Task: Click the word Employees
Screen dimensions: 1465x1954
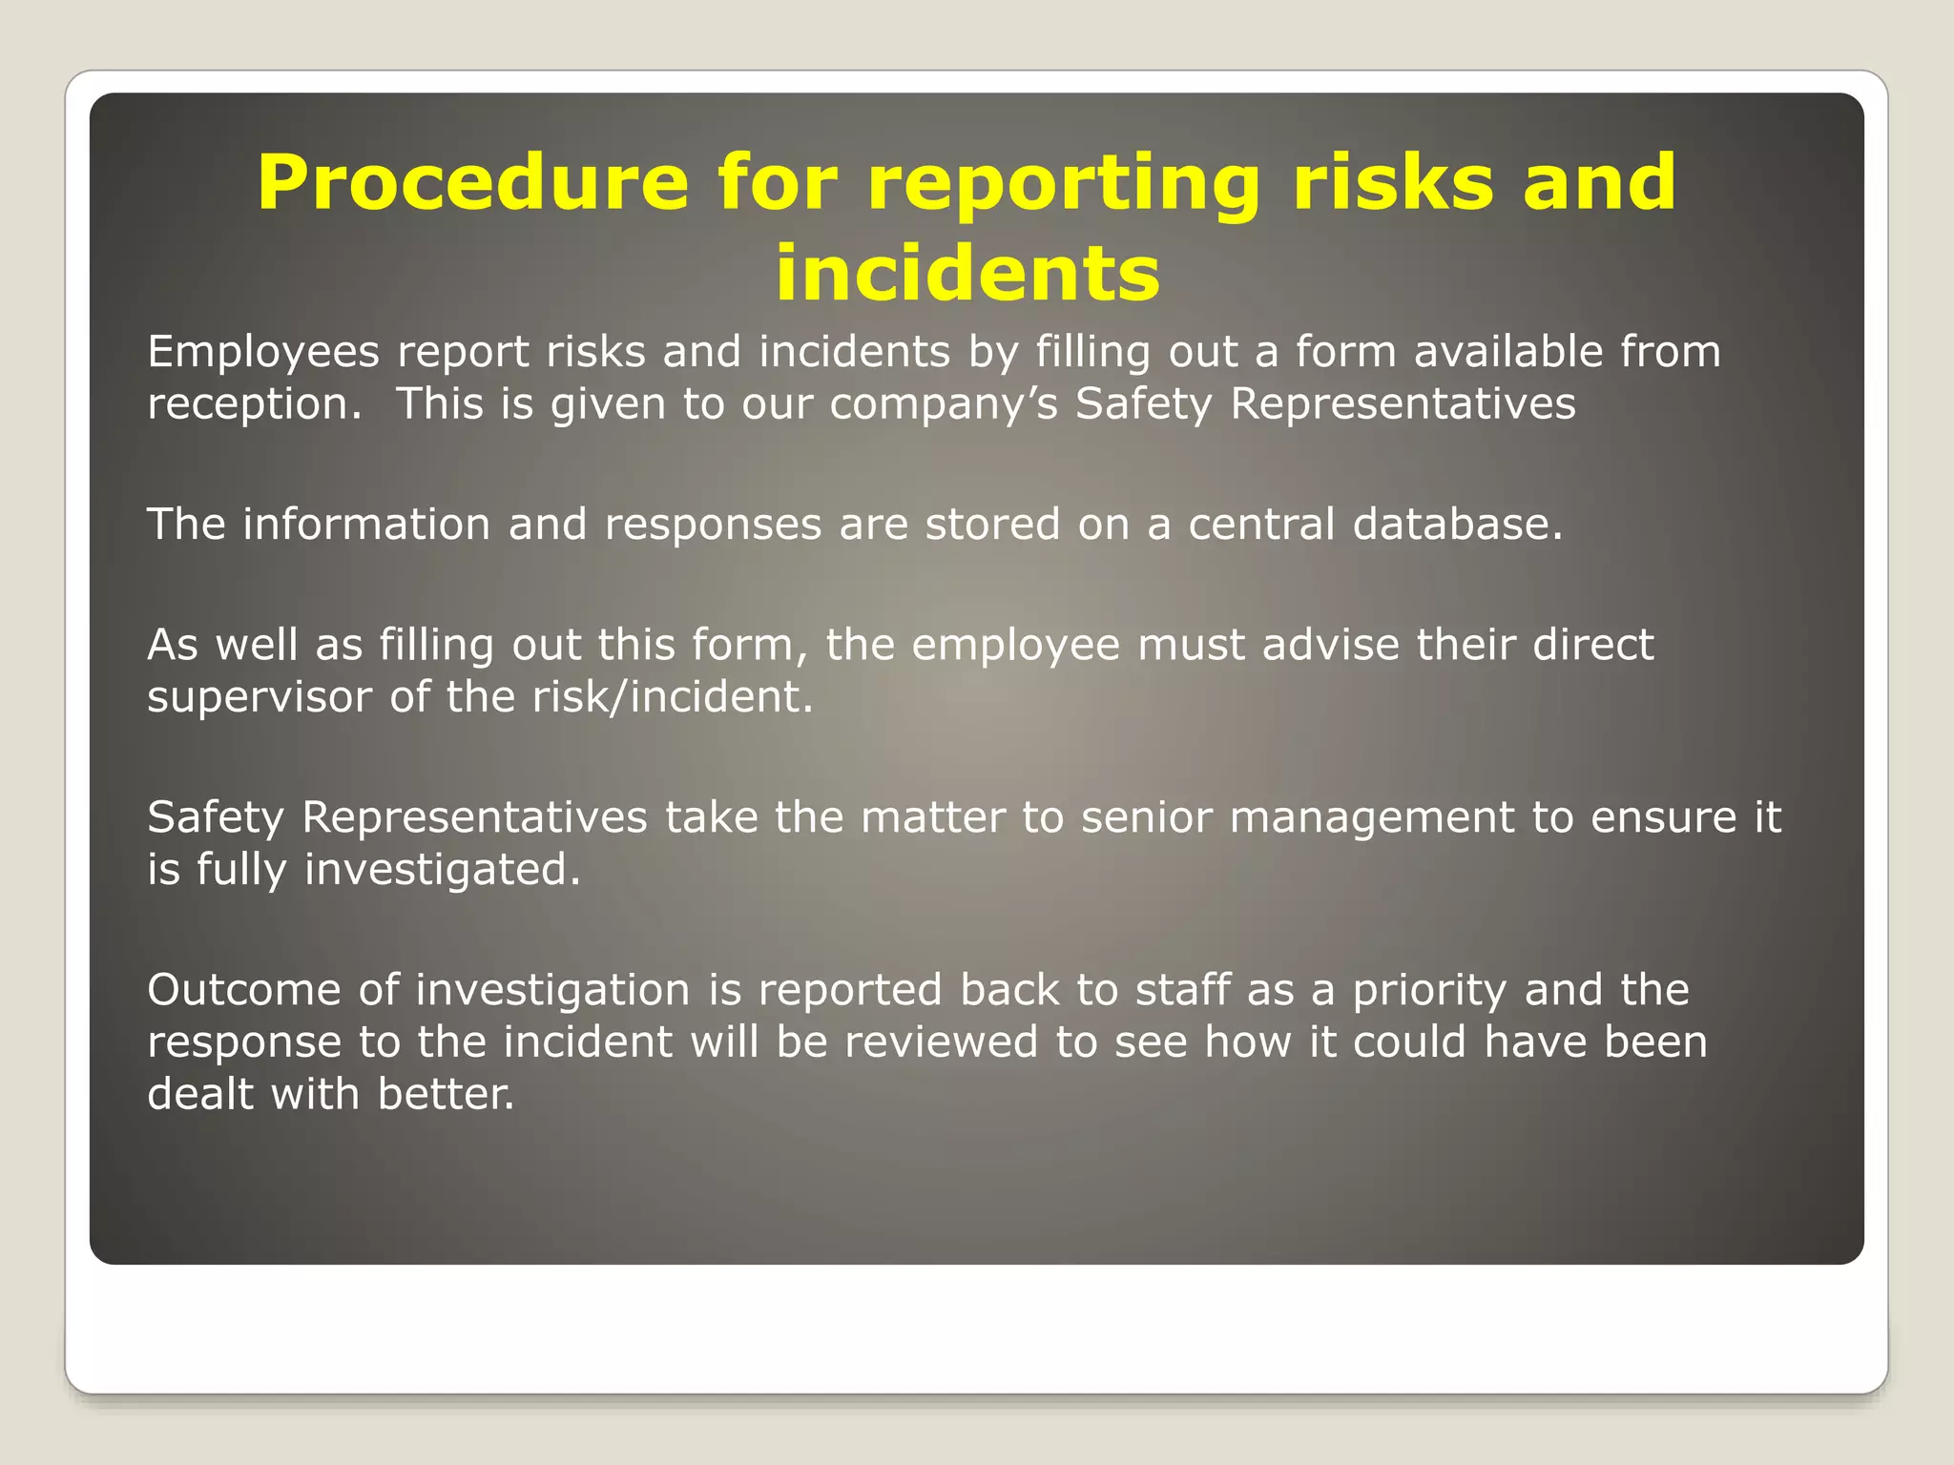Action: [263, 353]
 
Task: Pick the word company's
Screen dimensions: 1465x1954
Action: [944, 404]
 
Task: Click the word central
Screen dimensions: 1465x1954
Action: [1261, 525]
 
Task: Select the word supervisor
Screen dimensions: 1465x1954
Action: [259, 697]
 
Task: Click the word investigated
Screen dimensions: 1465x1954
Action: [442, 870]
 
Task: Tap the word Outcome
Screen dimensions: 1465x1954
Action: [244, 990]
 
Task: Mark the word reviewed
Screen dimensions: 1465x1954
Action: [941, 1042]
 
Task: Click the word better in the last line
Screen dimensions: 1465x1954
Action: [446, 1094]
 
